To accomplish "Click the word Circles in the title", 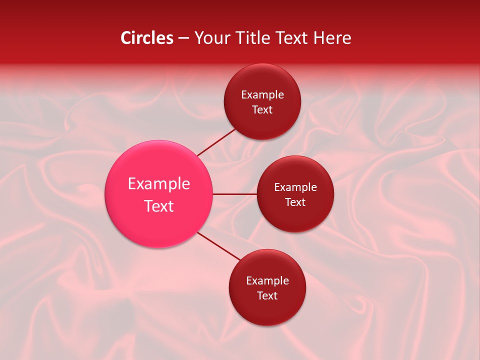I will pyautogui.click(x=146, y=38).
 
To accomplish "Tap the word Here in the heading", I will pyautogui.click(x=332, y=38).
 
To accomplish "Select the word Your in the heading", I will pyautogui.click(x=212, y=38).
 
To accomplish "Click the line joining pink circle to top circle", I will pyautogui.click(x=216, y=142).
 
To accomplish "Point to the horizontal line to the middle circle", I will pyautogui.click(x=234, y=194).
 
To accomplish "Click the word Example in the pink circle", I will pyautogui.click(x=159, y=184).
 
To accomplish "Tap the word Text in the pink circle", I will pyautogui.click(x=159, y=206).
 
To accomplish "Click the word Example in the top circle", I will pyautogui.click(x=262, y=95).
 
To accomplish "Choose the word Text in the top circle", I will pyautogui.click(x=262, y=110).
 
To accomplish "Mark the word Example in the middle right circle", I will pyautogui.click(x=295, y=187).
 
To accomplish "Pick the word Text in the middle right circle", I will pyautogui.click(x=295, y=202).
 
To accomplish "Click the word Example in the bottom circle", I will pyautogui.click(x=267, y=281).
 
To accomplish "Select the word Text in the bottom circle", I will pyautogui.click(x=267, y=296).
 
